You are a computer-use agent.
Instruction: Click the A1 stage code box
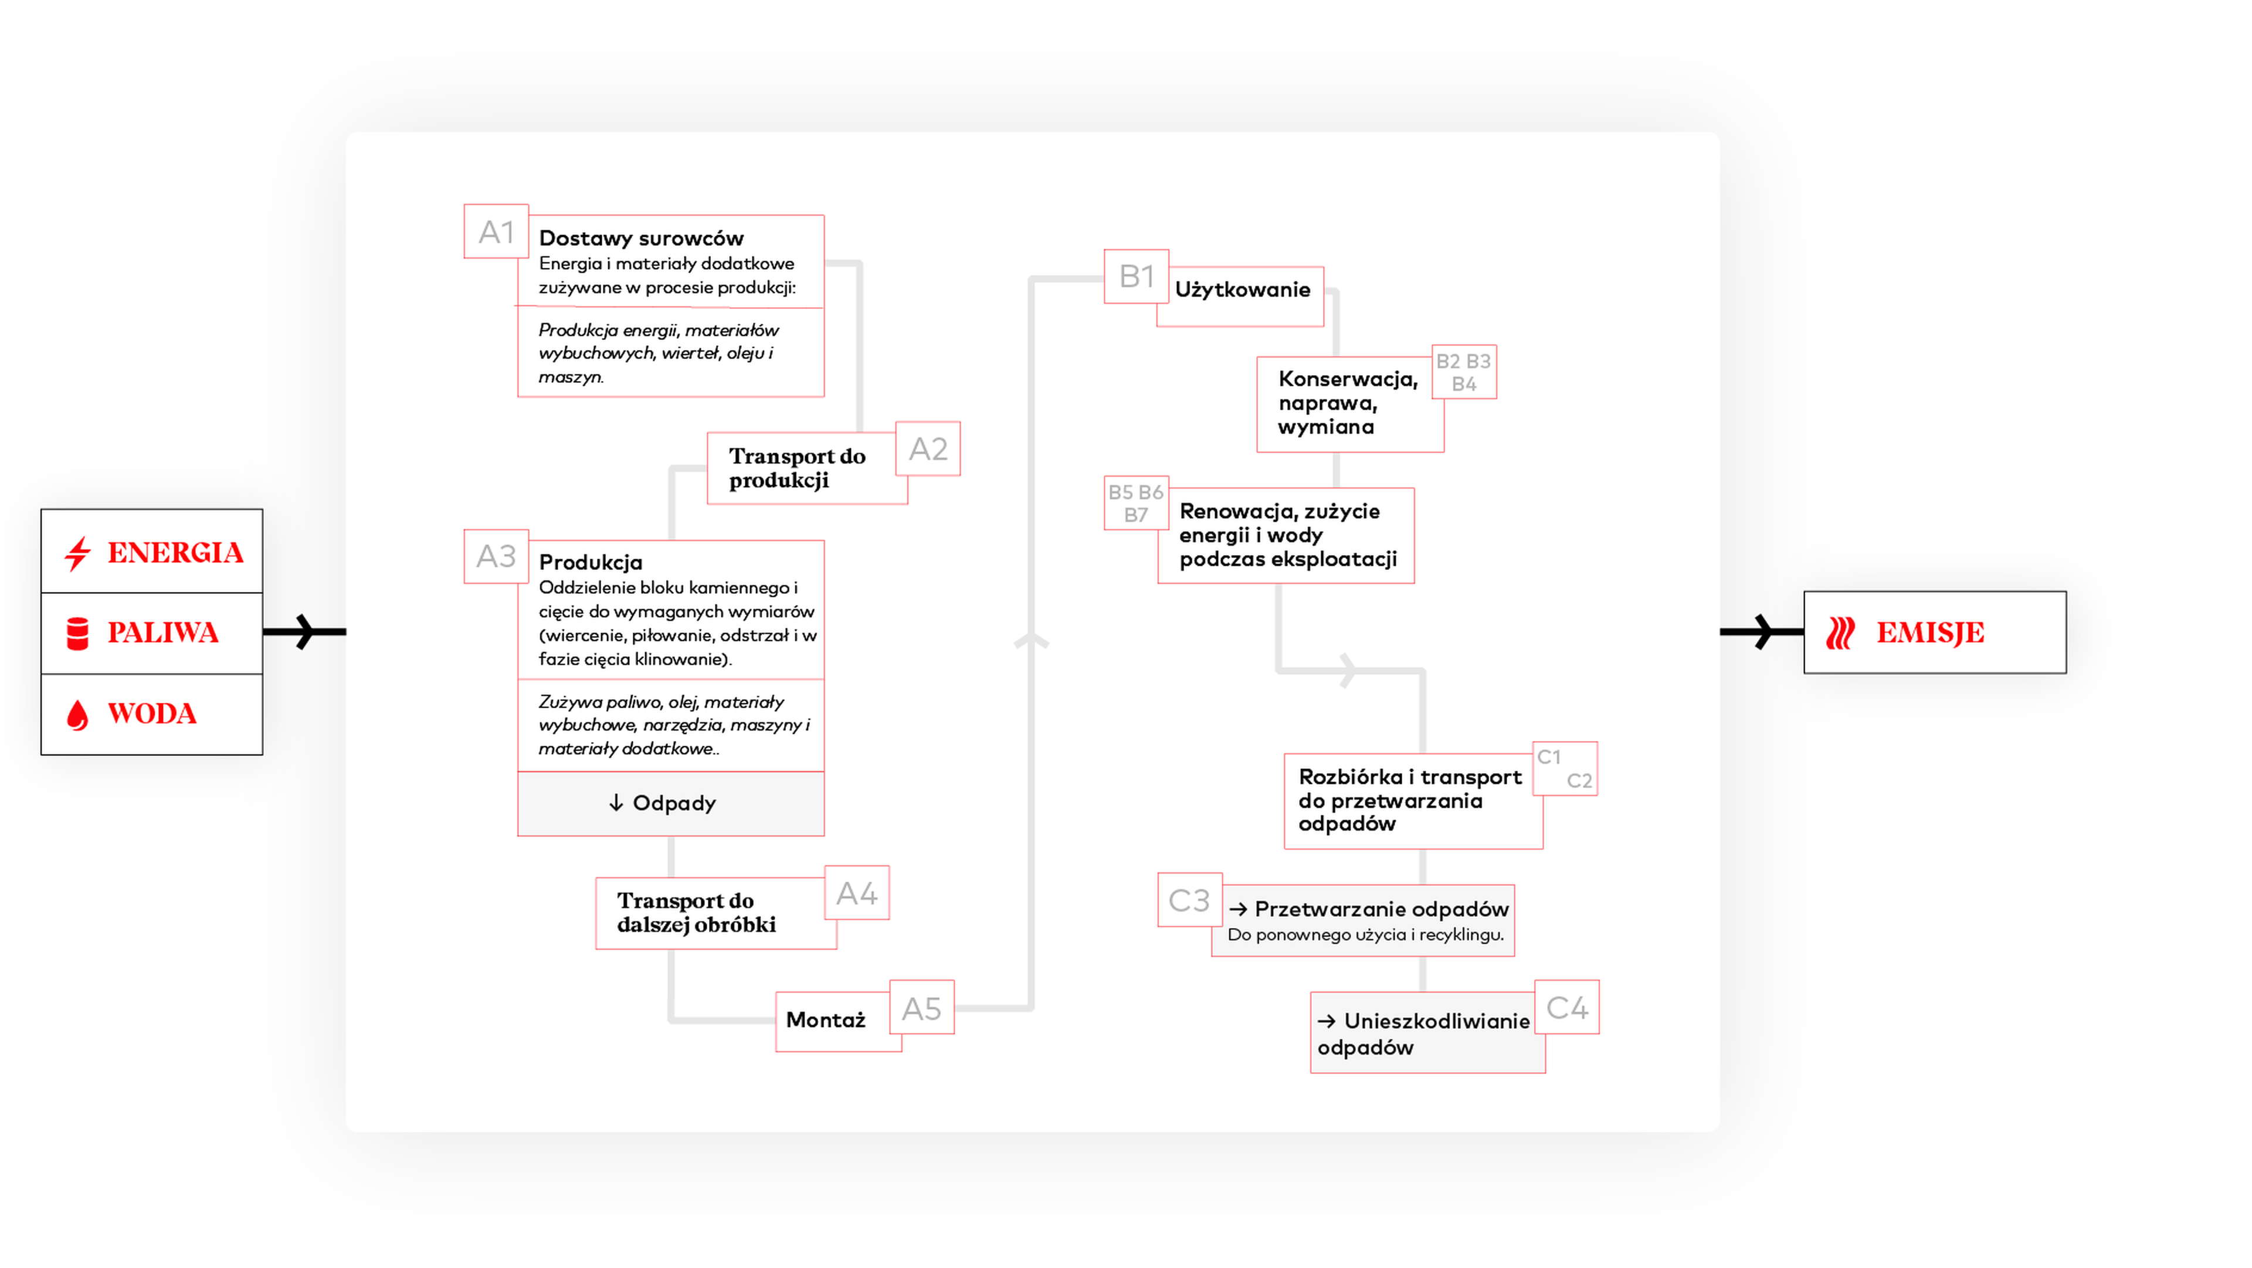[x=496, y=232]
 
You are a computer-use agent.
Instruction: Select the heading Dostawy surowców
[x=641, y=237]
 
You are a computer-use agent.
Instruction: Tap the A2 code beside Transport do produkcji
[x=928, y=449]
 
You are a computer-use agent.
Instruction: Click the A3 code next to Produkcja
[x=496, y=556]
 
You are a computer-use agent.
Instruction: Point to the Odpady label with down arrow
[x=663, y=803]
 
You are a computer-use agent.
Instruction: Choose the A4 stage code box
[x=857, y=893]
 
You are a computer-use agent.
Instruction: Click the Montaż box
[x=826, y=1020]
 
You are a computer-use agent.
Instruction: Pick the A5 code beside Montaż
[x=921, y=1008]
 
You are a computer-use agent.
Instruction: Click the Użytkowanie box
[x=1242, y=290]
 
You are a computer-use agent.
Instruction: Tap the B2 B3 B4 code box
[x=1463, y=372]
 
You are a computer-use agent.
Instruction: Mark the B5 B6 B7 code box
[x=1135, y=504]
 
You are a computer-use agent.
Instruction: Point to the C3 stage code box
[x=1189, y=900]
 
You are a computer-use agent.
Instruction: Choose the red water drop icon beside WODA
[x=78, y=715]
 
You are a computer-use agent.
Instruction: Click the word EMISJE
[x=1930, y=633]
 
